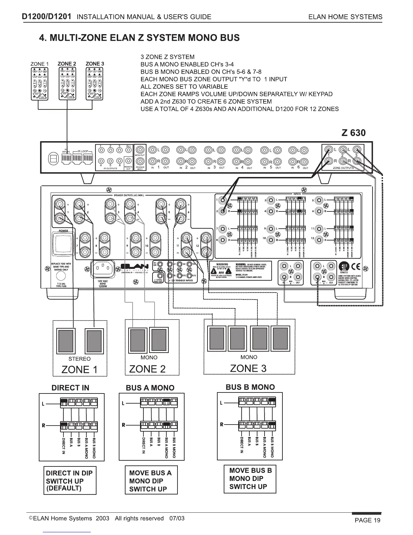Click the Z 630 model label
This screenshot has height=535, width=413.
[353, 133]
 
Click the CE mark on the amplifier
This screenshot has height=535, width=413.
[355, 266]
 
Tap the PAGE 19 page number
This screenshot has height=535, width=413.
[367, 520]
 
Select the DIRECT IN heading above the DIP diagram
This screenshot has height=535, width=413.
[70, 388]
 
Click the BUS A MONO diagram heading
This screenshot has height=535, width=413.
[150, 388]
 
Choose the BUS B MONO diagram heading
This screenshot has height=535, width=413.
[250, 387]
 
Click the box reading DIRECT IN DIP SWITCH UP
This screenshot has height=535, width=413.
[70, 480]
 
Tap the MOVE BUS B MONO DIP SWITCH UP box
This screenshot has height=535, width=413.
[250, 479]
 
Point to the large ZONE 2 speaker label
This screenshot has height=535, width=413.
[147, 369]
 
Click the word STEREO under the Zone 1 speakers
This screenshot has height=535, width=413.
[79, 359]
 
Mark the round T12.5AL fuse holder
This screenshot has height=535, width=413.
[61, 277]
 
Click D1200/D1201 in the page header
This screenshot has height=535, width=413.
[46, 17]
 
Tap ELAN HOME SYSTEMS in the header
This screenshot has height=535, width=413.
[346, 17]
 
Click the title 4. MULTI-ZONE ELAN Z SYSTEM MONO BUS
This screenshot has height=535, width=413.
[139, 37]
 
